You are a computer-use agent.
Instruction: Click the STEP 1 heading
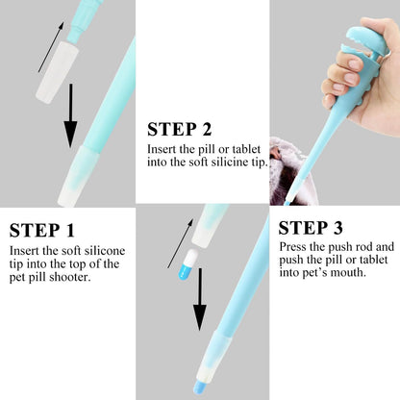tap(42, 231)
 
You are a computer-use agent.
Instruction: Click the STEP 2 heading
tap(179, 129)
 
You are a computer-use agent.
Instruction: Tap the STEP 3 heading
tap(312, 229)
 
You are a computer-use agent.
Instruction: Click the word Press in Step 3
tap(293, 247)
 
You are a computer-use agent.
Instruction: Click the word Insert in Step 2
tap(162, 150)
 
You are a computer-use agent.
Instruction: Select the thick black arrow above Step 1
tap(70, 119)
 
